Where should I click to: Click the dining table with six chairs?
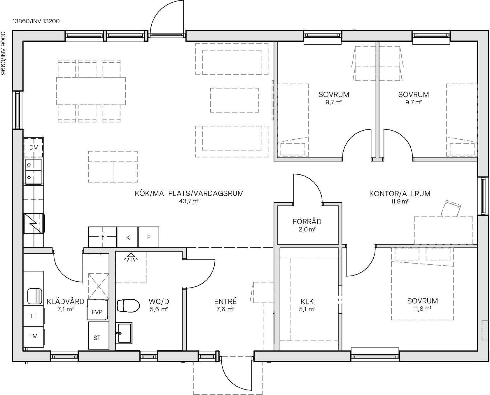coord(91,91)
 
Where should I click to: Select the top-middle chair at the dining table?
coord(87,69)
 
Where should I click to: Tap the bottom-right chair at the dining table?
coord(111,113)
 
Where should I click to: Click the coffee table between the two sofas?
coord(235,100)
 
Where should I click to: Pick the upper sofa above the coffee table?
coord(232,59)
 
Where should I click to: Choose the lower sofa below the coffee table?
coord(232,142)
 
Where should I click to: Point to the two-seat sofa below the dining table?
coord(113,167)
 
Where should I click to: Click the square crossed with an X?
coord(99,286)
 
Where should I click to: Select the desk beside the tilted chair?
coord(443,230)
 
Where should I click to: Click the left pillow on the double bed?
coord(407,254)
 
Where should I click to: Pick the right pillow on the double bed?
coord(438,254)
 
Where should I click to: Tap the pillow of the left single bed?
coord(293,149)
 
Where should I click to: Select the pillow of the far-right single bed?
coord(462,149)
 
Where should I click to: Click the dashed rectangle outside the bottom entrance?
coord(228,376)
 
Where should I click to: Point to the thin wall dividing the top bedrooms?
coord(377,99)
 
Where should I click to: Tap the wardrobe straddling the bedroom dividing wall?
coord(377,63)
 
